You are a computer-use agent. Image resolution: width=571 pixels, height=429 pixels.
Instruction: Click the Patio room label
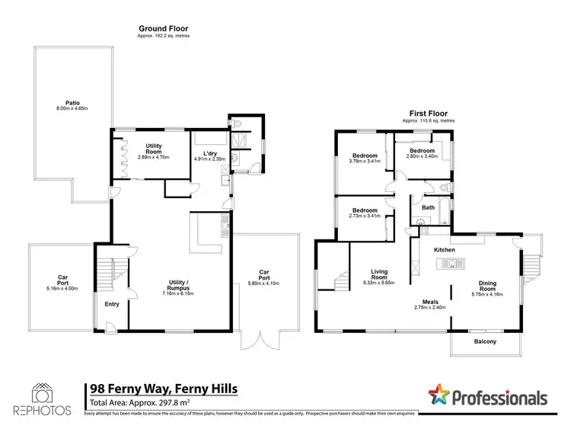click(73, 102)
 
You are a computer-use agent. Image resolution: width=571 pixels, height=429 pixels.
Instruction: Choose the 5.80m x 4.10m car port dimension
click(264, 283)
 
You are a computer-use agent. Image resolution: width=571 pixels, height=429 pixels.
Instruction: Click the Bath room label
click(428, 206)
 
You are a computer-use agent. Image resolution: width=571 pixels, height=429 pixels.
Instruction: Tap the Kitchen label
click(444, 250)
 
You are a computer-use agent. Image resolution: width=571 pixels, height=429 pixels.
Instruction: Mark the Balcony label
click(485, 341)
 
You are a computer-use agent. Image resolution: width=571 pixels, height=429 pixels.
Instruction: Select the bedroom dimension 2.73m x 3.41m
click(365, 216)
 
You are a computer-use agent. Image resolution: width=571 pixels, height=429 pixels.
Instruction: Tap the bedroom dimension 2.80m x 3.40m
click(422, 155)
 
